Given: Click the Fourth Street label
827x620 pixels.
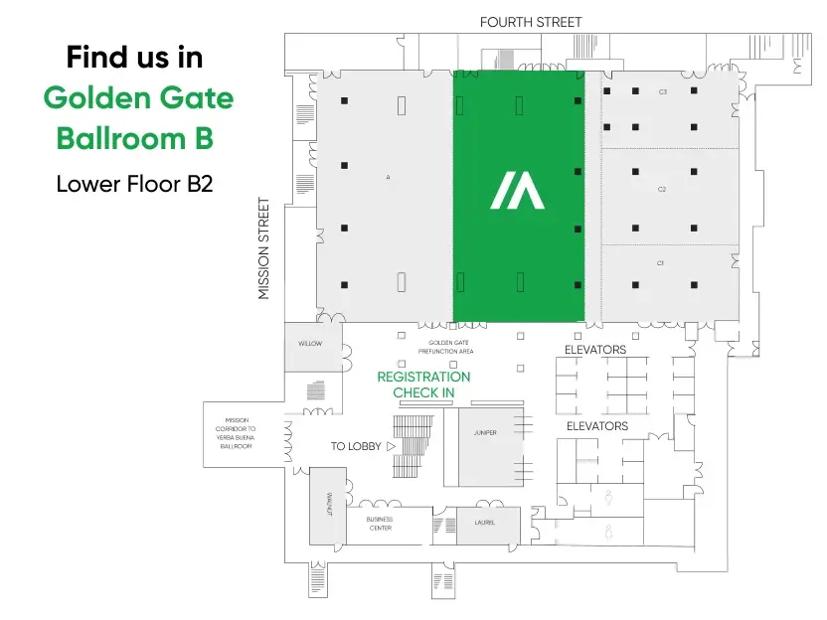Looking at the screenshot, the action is coord(531,22).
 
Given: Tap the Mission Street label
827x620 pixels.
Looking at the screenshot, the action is coord(263,248).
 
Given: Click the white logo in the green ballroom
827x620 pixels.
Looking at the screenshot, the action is coord(517,190).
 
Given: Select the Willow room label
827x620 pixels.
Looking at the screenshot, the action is coord(310,344).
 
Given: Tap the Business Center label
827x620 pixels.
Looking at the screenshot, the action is coord(380,524).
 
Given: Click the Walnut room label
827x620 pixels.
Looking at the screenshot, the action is coord(328,505).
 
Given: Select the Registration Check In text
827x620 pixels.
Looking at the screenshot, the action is coord(423,386).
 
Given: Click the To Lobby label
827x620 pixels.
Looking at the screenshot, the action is coord(356,447).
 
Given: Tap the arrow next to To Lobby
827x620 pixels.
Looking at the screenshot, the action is coord(391,447).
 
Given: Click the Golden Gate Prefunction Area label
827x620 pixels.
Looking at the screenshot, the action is coord(445,347).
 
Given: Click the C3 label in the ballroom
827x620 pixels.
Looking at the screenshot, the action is coord(662,91).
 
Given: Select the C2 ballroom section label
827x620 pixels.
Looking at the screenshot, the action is coord(661,189).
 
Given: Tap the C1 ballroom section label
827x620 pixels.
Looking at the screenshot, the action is coord(660,263).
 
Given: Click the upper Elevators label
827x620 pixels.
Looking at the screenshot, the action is coord(595,350).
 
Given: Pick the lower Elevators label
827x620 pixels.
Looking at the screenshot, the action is coord(597,426).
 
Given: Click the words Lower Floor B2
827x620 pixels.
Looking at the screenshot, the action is coord(134,184).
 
